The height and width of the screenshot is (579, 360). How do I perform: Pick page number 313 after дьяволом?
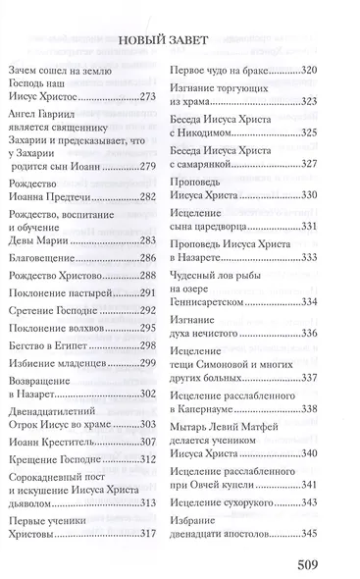click(x=147, y=504)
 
